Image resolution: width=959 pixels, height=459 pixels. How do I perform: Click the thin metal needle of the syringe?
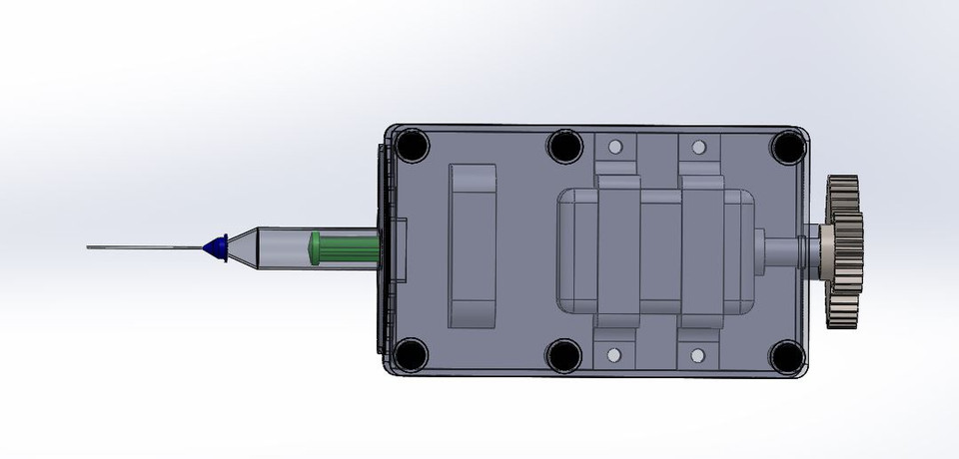click(140, 246)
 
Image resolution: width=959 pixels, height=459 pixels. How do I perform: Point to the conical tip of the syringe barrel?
click(245, 246)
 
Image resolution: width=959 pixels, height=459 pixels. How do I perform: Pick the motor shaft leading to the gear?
click(783, 247)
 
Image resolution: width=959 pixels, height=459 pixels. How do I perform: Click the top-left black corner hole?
click(411, 148)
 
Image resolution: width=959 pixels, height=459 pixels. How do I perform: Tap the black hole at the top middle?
click(564, 148)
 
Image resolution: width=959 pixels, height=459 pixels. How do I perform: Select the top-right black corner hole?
click(787, 148)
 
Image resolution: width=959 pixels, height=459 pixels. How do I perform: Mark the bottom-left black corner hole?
click(411, 354)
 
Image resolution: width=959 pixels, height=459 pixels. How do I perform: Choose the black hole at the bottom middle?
click(564, 354)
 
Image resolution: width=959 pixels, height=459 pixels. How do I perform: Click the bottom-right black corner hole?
click(787, 354)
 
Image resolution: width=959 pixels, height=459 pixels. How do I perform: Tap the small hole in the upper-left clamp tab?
click(616, 148)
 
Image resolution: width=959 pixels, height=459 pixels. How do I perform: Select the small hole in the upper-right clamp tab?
click(699, 148)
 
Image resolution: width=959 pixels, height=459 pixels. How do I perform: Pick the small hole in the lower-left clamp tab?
click(616, 353)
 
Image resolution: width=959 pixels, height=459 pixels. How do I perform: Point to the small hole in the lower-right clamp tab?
click(699, 353)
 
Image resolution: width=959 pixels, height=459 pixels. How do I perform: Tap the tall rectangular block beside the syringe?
click(473, 246)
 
